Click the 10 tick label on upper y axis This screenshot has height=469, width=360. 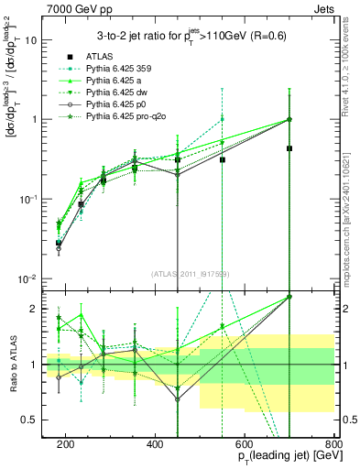tap(33, 40)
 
